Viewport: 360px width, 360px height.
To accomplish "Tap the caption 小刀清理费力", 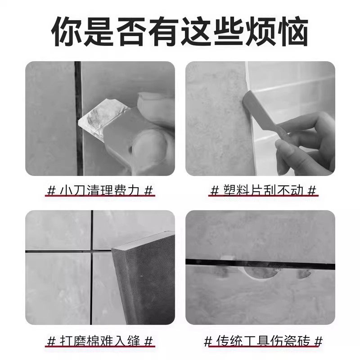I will tap(101, 190).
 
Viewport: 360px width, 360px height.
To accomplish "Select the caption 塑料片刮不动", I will tap(263, 190).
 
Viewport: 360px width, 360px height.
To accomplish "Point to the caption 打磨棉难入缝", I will tap(101, 340).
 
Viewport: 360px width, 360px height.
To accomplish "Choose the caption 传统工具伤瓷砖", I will tap(263, 340).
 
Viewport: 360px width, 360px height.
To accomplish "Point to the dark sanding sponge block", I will tap(144, 279).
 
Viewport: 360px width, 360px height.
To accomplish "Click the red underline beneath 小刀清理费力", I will tap(101, 197).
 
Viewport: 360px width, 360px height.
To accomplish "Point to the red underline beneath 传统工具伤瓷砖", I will tap(263, 347).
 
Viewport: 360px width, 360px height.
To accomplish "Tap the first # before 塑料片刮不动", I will tap(214, 190).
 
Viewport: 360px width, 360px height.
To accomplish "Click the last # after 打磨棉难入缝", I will tap(149, 340).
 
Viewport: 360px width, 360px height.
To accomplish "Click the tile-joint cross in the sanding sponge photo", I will tap(92, 250).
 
